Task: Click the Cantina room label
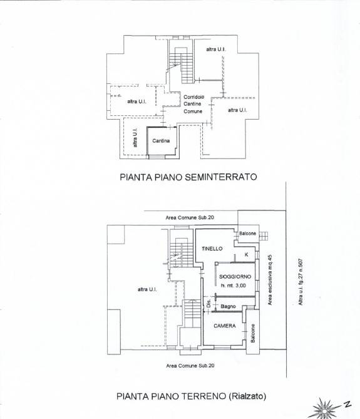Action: coord(161,140)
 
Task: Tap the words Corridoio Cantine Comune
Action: coord(193,104)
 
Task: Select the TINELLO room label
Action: coord(212,249)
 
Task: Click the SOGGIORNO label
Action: coord(235,277)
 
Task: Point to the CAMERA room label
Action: coord(225,326)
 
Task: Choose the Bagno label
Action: coord(228,306)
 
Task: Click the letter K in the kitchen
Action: coord(246,254)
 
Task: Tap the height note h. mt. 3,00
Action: coord(233,286)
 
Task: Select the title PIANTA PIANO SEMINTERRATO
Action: coord(188,177)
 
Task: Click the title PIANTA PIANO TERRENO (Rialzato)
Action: coord(191,396)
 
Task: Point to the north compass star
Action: coord(324,409)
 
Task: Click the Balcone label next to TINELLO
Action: coord(247,233)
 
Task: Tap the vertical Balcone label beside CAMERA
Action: coord(253,333)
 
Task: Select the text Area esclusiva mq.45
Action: coord(270,280)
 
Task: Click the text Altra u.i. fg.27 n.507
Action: coord(301,282)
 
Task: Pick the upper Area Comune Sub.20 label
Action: coord(190,217)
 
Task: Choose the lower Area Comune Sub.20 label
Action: coord(190,366)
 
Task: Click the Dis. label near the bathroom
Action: coord(209,303)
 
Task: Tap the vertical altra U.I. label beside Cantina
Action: coord(135,138)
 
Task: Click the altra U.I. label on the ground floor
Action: coord(147,289)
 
